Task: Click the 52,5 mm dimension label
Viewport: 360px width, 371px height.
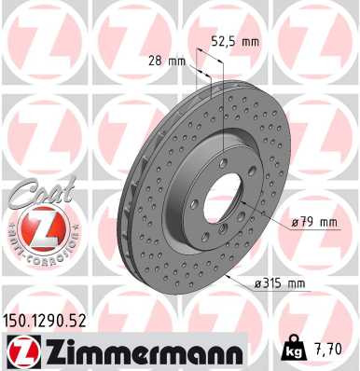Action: [233, 41]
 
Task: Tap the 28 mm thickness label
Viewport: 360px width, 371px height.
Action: [168, 62]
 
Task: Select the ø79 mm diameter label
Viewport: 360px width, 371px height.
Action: [312, 222]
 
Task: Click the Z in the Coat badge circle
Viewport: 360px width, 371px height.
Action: [39, 227]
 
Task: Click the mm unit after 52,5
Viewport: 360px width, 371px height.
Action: [249, 41]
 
